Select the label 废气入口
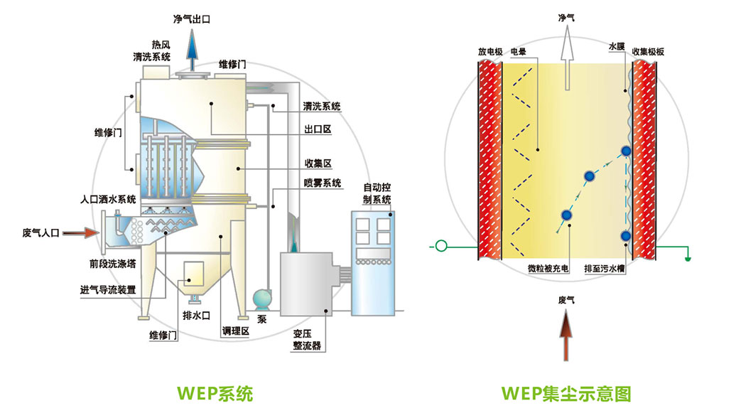click(x=42, y=232)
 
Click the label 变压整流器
click(x=307, y=340)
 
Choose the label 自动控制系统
click(x=377, y=194)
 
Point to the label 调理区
click(x=234, y=331)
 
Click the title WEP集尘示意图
click(x=565, y=392)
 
